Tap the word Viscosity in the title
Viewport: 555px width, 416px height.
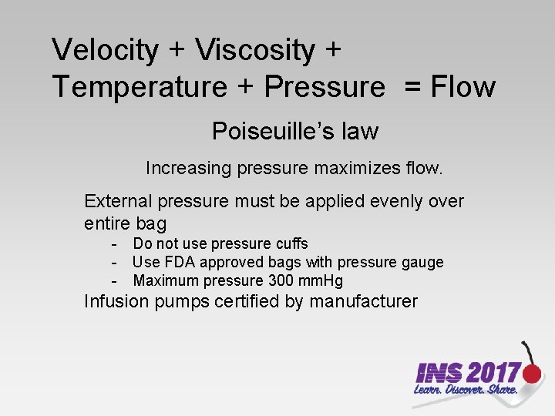click(x=255, y=51)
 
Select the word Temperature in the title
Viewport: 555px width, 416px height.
click(x=139, y=87)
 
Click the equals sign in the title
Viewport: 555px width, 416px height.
click(x=412, y=88)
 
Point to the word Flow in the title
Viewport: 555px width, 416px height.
click(x=462, y=87)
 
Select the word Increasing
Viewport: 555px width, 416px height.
click(x=183, y=167)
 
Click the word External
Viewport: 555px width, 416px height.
click(x=118, y=201)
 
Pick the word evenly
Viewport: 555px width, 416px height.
click(x=391, y=201)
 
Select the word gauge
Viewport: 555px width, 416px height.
click(x=422, y=262)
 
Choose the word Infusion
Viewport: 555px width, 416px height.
click(x=117, y=301)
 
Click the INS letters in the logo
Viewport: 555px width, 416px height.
click(x=439, y=374)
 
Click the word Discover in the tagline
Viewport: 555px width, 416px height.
click(x=469, y=391)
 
